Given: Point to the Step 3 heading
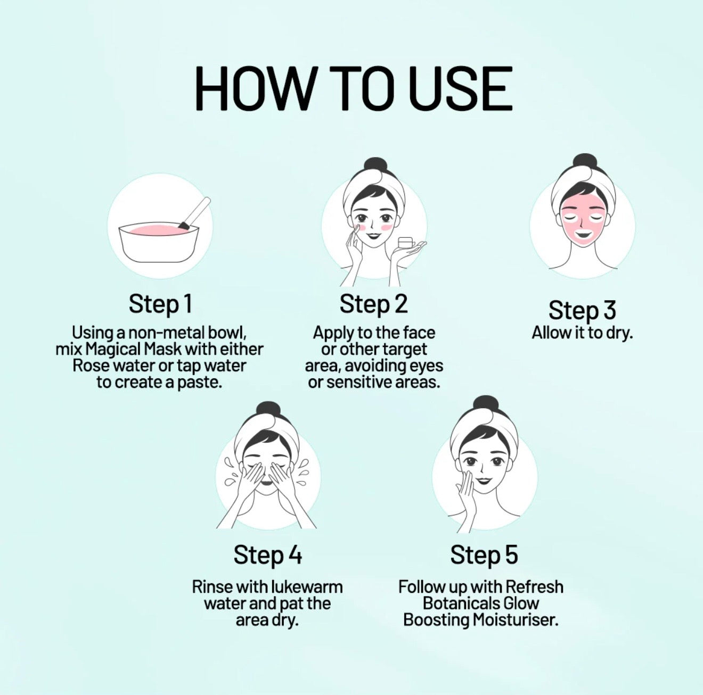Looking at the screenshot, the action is [x=582, y=310].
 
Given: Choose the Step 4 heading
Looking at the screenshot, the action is [x=268, y=555].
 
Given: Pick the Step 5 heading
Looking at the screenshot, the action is [x=484, y=555].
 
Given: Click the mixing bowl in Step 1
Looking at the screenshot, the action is [x=159, y=242].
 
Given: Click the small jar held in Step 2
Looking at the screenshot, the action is [x=405, y=243].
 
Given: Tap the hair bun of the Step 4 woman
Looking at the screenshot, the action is [x=268, y=411].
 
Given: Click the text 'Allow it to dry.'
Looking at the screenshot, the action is [x=582, y=333].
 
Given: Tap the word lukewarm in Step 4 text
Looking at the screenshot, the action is [x=307, y=586].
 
